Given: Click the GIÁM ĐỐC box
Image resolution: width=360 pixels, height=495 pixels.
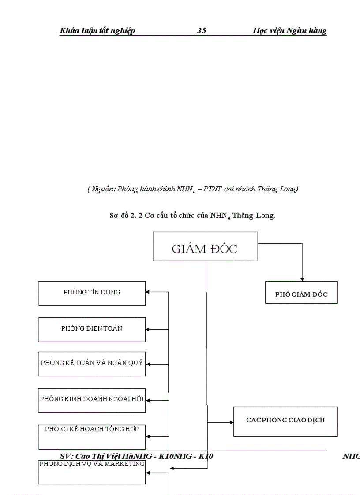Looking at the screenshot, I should click(x=205, y=246).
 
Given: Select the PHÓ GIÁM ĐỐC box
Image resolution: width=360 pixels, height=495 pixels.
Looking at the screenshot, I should click(x=301, y=293).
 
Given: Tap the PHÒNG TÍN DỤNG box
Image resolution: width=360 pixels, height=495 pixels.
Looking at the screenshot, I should click(x=92, y=293).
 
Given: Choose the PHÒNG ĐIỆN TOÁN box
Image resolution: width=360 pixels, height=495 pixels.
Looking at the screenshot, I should click(x=92, y=329).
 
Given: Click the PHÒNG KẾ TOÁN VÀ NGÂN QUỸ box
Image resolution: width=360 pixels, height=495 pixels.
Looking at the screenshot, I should click(x=92, y=364).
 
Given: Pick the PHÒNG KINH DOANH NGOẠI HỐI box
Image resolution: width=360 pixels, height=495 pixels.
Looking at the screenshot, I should click(x=92, y=400).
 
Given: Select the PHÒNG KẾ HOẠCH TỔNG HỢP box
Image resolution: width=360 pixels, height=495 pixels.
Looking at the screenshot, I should click(x=92, y=436).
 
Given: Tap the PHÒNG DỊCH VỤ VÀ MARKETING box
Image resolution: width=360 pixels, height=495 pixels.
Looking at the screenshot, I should click(x=92, y=472).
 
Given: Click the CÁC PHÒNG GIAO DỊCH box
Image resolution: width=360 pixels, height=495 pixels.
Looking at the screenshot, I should click(x=285, y=421).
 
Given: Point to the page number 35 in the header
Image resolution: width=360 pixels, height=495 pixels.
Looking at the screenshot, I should click(x=202, y=30).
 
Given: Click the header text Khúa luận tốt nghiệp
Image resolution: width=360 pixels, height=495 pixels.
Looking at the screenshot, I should click(x=97, y=30).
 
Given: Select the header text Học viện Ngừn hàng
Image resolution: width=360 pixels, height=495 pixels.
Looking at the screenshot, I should click(x=290, y=30).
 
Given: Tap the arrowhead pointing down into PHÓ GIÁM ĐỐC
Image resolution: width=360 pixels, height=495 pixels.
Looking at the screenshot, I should click(x=302, y=279).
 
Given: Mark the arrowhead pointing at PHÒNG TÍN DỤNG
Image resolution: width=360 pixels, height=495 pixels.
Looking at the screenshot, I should click(x=148, y=292).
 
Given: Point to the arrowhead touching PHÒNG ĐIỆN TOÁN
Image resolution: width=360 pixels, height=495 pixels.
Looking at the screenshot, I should click(x=148, y=329).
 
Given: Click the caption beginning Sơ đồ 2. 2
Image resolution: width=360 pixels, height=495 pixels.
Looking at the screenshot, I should click(x=192, y=216).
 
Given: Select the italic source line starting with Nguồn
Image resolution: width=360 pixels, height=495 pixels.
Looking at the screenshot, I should click(x=192, y=189).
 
